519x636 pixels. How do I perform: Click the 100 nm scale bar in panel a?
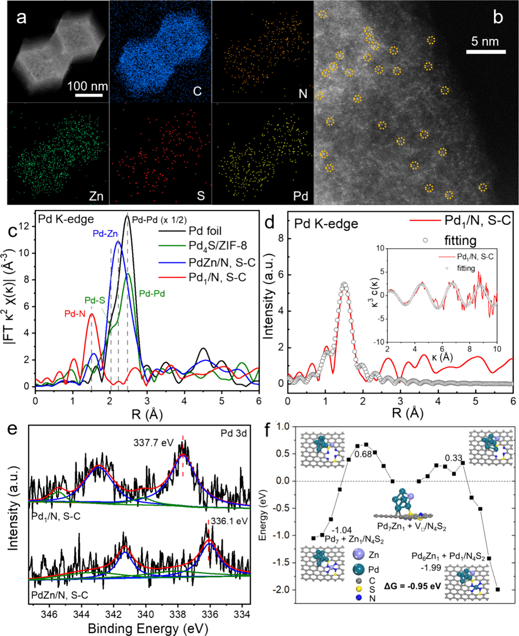coord(89,95)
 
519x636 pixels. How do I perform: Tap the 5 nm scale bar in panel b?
coord(486,52)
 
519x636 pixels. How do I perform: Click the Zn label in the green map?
coord(96,196)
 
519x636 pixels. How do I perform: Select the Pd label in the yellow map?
coord(300,196)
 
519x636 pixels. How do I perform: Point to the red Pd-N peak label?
coord(75,314)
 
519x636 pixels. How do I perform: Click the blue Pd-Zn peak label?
coord(105,234)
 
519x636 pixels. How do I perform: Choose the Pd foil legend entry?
coord(205,231)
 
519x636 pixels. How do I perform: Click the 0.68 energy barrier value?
coord(363,454)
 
